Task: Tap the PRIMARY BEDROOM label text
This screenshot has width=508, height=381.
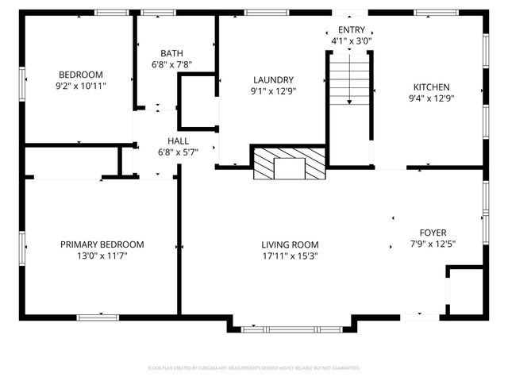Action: click(102, 244)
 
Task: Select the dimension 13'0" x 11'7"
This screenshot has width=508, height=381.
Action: click(102, 256)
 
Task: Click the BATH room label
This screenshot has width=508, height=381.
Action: click(172, 53)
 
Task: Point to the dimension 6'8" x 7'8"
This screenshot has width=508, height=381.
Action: click(172, 65)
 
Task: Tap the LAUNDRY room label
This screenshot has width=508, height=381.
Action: click(274, 80)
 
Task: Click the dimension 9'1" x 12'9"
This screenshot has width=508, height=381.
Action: click(274, 91)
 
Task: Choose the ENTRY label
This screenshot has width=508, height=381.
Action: click(352, 29)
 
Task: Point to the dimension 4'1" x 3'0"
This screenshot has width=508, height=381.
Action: click(352, 40)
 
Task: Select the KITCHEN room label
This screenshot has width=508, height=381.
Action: click(431, 87)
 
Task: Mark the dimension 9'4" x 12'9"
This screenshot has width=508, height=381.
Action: click(431, 99)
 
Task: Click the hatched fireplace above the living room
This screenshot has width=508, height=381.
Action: click(290, 164)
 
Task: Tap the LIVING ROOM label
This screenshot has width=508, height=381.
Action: click(290, 244)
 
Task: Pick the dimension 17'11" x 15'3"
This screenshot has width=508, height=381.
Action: click(290, 256)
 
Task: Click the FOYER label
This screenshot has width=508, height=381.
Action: click(433, 232)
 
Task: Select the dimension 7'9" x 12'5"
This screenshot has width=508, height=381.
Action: click(433, 244)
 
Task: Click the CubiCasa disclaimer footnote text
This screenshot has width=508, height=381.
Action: click(254, 368)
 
